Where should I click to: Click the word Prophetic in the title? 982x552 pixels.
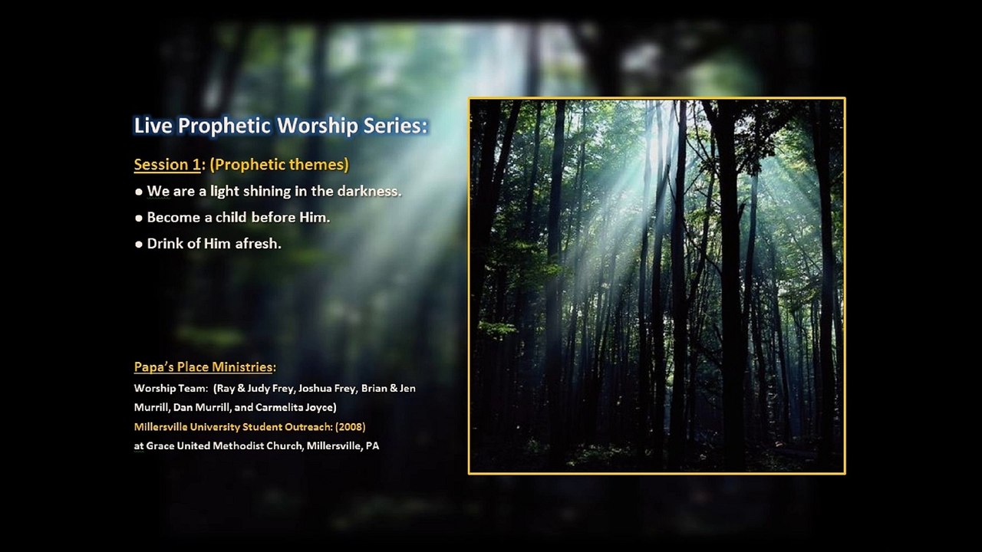tap(224, 127)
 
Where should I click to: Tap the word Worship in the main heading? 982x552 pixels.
tap(318, 126)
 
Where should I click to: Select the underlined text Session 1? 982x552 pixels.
tap(167, 165)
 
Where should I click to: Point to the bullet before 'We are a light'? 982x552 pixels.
tap(139, 192)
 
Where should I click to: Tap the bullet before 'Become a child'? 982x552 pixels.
tap(139, 219)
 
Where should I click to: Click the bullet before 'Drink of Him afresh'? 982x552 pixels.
tap(139, 245)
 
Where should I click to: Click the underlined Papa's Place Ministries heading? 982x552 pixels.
tap(203, 367)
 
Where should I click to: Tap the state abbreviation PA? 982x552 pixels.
tap(373, 446)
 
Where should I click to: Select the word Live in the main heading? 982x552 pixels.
tap(153, 126)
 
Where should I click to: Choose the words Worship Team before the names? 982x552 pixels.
tap(170, 389)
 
